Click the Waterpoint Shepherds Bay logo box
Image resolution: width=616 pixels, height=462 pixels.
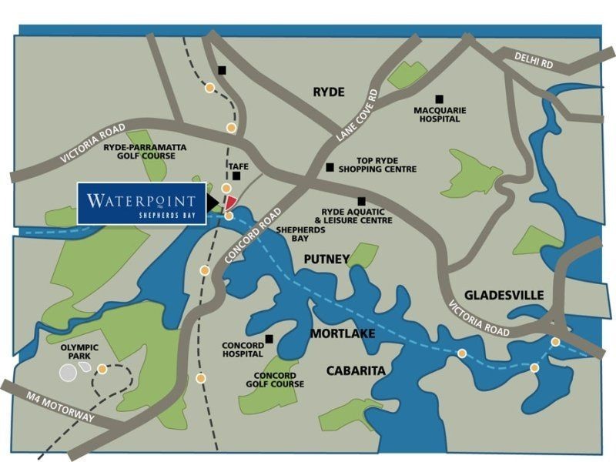[x=142, y=203]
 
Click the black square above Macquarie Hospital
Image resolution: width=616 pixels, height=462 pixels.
[x=439, y=99]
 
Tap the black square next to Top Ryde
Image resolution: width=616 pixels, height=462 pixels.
[x=330, y=167]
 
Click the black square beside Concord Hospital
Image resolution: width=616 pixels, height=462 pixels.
[x=269, y=339]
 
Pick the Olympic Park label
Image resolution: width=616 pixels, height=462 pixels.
[x=76, y=353]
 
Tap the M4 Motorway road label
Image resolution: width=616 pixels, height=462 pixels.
[x=54, y=401]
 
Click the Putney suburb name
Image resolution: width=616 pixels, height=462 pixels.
[x=326, y=259]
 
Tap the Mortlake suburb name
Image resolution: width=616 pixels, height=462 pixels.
[x=342, y=334]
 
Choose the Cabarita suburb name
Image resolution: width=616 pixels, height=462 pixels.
[x=355, y=371]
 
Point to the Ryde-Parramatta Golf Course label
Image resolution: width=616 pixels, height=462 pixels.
[x=145, y=151]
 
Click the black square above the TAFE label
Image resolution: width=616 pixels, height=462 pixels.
[x=236, y=176]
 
